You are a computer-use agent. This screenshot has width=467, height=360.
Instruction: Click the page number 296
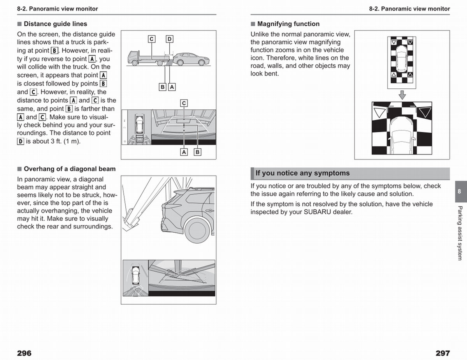(24, 353)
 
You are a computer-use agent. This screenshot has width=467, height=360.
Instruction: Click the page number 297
(443, 353)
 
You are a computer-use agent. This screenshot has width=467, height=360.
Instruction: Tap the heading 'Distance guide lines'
(55, 24)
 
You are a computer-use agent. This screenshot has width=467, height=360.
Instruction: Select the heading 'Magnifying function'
(288, 24)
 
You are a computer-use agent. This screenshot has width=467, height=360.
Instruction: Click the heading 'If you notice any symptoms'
(303, 173)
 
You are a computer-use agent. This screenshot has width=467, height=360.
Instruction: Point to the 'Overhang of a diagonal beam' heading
(70, 169)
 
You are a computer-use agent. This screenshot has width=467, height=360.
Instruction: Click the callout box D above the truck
(170, 39)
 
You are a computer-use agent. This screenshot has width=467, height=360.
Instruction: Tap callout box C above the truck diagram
(152, 39)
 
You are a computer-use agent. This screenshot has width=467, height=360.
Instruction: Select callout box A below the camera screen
(184, 152)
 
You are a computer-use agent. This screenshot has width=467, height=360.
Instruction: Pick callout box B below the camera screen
(198, 152)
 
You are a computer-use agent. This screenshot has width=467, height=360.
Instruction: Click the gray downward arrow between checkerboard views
(402, 95)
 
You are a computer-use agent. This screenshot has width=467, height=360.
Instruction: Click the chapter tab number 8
(459, 191)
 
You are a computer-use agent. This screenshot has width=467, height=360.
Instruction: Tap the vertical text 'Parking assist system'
(460, 233)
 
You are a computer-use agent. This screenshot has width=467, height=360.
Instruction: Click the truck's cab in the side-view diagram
(133, 57)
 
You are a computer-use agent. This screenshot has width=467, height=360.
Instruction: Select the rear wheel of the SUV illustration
(197, 230)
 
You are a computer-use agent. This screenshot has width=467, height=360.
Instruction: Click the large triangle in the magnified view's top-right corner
(425, 112)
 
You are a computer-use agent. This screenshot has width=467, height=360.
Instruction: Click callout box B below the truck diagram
(162, 87)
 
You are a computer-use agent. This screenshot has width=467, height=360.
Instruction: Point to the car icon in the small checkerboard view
(402, 59)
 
